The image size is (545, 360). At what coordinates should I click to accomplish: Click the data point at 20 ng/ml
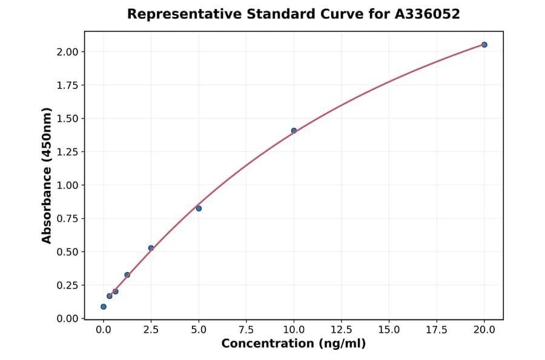[484, 45]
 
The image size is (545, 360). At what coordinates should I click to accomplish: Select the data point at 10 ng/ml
[294, 131]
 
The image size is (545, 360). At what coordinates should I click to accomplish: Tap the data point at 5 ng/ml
[199, 208]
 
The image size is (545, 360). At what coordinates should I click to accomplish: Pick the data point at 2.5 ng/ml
[151, 248]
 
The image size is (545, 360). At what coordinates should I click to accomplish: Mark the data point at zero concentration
[104, 307]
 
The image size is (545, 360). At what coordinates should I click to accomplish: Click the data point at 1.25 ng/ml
[127, 275]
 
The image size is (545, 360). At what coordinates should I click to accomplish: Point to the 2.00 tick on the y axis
[67, 52]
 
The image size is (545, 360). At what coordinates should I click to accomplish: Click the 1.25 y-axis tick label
[67, 152]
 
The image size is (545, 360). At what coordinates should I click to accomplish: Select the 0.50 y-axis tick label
[67, 252]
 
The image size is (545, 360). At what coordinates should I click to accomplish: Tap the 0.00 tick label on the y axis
[67, 319]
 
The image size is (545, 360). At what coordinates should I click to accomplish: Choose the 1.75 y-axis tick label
[67, 85]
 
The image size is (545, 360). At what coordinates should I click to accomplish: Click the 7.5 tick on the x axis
[246, 330]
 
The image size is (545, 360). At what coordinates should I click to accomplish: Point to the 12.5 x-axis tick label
[341, 330]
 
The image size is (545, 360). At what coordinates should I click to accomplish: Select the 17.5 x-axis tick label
[436, 330]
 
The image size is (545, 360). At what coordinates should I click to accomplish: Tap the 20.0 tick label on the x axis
[484, 330]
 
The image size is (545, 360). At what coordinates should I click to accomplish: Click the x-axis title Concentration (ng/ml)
[294, 344]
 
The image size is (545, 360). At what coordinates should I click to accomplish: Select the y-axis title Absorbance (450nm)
[47, 175]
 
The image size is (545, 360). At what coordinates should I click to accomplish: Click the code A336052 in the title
[428, 14]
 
